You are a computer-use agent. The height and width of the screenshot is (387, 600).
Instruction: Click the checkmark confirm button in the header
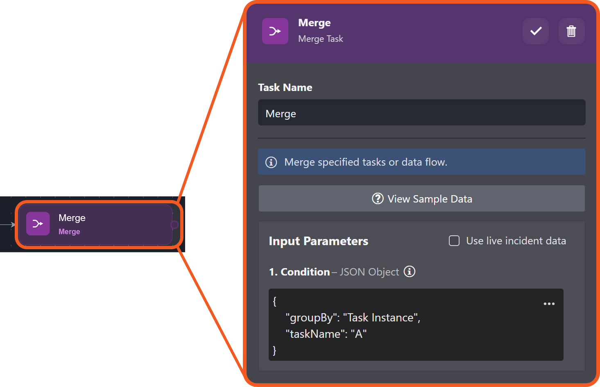point(535,31)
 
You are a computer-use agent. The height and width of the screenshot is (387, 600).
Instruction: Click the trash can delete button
point(571,31)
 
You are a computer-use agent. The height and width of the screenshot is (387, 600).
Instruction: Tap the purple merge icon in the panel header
point(275,31)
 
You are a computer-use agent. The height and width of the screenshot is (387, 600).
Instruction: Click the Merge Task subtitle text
point(320,39)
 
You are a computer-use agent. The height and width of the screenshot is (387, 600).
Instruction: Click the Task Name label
point(285,88)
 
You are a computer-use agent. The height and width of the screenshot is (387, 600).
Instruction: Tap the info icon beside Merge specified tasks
point(271,162)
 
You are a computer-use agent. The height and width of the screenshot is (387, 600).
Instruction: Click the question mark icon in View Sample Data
point(377,199)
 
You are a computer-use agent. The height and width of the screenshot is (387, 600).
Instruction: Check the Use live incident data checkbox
point(454,241)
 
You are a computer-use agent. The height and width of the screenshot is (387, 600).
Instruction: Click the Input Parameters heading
point(318,241)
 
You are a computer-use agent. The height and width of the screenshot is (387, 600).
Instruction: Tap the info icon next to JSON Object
point(409,271)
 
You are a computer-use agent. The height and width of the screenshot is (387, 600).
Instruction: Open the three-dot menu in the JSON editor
point(549,304)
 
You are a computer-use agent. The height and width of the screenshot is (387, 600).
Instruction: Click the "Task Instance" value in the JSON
point(380,318)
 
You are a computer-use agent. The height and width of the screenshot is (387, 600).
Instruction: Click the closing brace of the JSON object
point(274,350)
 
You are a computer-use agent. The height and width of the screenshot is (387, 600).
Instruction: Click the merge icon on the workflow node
point(38,224)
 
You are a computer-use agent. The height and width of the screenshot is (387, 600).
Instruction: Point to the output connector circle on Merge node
point(174,225)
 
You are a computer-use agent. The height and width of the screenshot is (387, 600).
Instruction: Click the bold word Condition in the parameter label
point(305,272)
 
